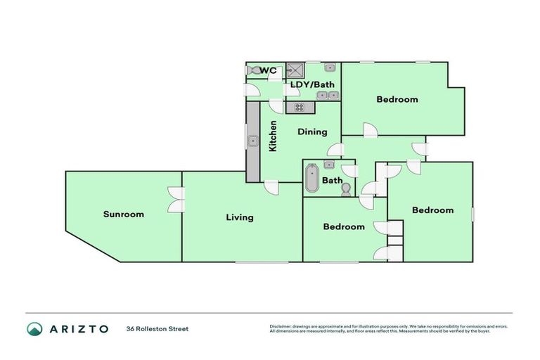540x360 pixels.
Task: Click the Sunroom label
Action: pos(123,214)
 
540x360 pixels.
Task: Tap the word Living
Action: pos(239,217)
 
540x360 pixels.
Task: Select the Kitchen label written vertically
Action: pos(273,136)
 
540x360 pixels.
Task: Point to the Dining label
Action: pos(312,131)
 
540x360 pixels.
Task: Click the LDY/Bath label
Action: pos(312,84)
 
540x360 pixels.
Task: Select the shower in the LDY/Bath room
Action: pos(295,70)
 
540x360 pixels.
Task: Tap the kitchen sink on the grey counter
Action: pos(251,141)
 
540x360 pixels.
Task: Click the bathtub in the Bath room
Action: pos(311,179)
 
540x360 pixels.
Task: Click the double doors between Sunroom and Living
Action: pos(174,199)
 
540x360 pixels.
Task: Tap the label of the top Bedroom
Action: pos(397,99)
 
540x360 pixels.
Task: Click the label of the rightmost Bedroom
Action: pos(432,210)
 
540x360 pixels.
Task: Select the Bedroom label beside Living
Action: pos(344,226)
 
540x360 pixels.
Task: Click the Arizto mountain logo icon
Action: pos(35,328)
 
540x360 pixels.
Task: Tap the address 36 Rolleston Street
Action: pos(157,328)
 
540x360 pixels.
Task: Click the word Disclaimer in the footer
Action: pos(280,326)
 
